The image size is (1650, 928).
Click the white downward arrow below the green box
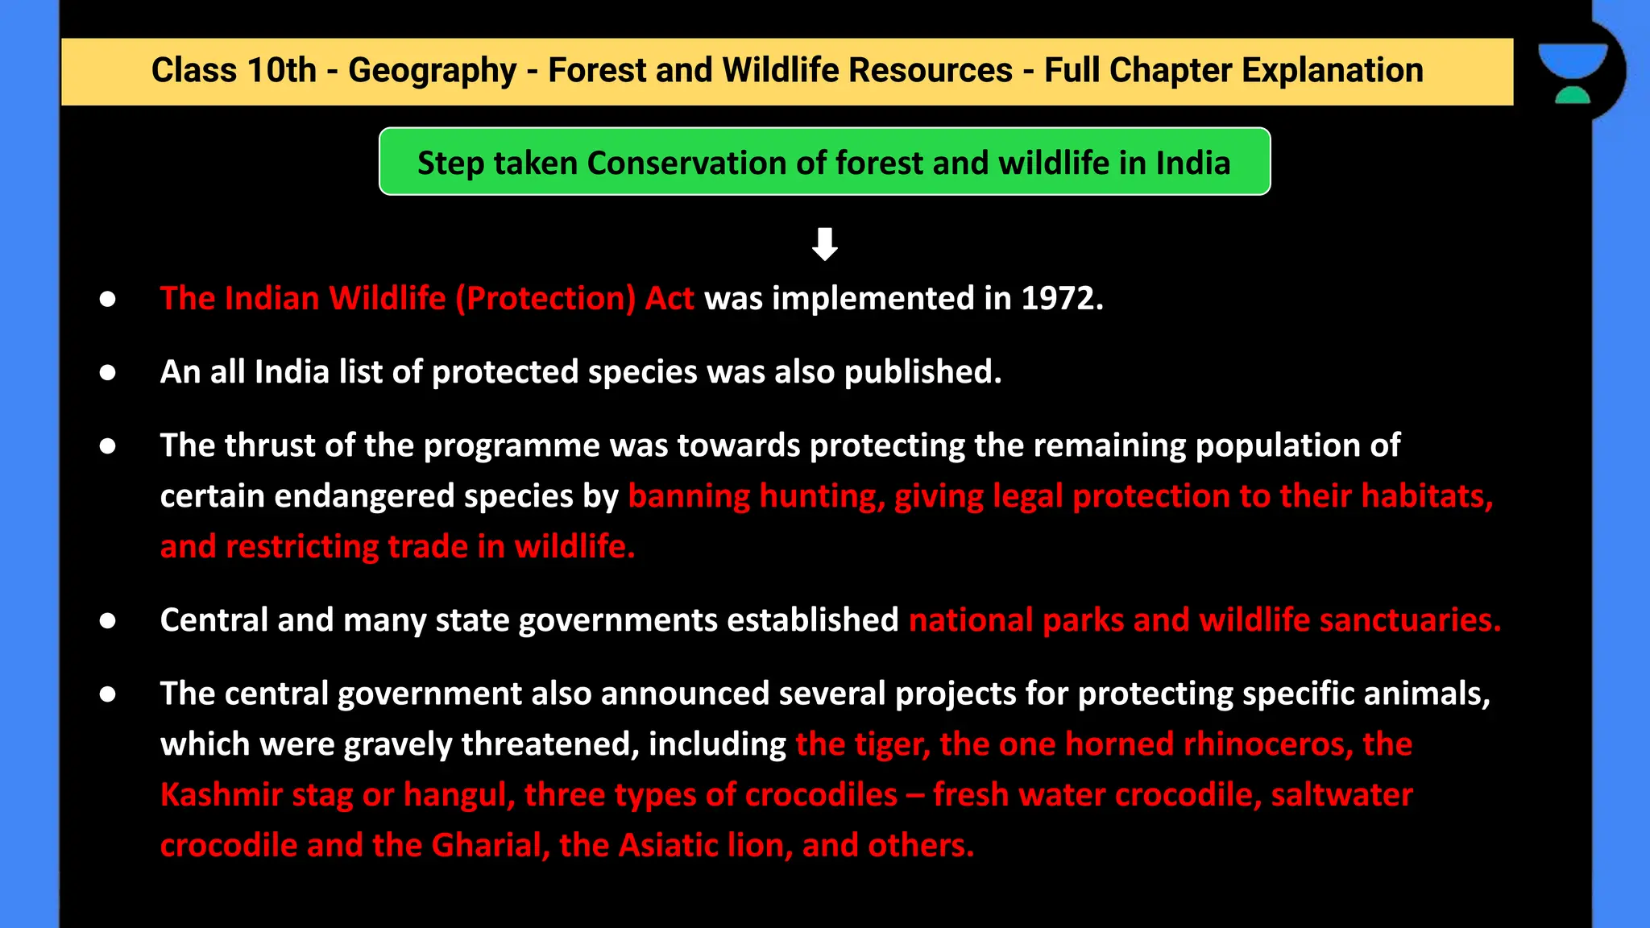click(x=824, y=244)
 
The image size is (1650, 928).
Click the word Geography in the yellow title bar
click(x=432, y=71)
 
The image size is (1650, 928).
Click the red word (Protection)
click(x=545, y=299)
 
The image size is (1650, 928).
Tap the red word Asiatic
click(x=668, y=846)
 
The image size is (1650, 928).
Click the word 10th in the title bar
click(x=281, y=71)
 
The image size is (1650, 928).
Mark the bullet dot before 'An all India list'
click(x=107, y=373)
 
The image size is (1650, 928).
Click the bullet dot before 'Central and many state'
click(x=107, y=621)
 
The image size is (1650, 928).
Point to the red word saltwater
click(x=1341, y=795)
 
